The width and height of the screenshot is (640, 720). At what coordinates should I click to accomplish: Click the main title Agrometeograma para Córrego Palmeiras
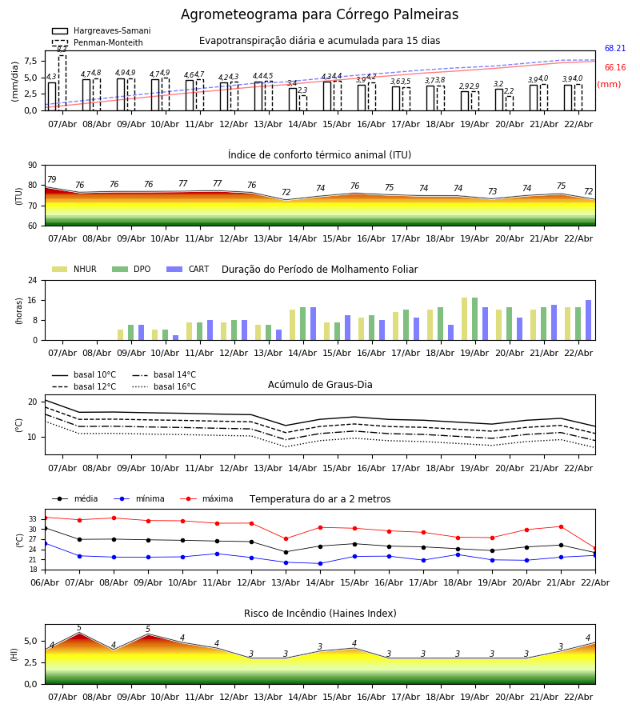pyautogui.click(x=319, y=15)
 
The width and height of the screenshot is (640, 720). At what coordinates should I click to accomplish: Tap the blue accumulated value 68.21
pyautogui.click(x=614, y=49)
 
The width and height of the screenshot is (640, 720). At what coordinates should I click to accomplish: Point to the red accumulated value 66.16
pyautogui.click(x=614, y=68)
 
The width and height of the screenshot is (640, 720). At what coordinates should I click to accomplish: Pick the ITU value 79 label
pyautogui.click(x=51, y=180)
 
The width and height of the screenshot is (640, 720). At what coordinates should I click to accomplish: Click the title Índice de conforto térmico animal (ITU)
pyautogui.click(x=319, y=155)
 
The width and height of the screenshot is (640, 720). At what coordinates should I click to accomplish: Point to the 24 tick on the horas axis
pyautogui.click(x=35, y=281)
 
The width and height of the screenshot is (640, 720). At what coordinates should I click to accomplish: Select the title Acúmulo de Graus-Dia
pyautogui.click(x=320, y=385)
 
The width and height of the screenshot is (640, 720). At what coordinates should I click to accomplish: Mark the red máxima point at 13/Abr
pyautogui.click(x=286, y=538)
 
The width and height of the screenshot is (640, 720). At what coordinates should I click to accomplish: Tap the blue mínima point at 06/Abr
pyautogui.click(x=45, y=543)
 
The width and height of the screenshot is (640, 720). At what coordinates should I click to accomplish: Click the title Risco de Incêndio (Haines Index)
pyautogui.click(x=320, y=614)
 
